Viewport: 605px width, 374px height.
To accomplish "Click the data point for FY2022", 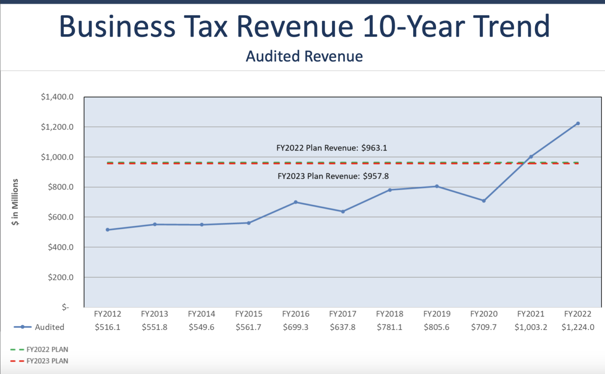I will pos(578,124).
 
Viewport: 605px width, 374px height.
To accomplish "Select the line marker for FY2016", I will pos(296,202).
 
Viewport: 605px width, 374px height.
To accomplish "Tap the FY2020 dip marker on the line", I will pos(484,201).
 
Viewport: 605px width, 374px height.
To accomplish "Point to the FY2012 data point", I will pos(108,230).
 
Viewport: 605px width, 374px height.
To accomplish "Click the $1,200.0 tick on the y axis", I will pos(57,127).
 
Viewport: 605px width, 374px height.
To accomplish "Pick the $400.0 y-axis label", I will pos(60,247).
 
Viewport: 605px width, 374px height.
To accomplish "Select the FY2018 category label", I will pos(390,314).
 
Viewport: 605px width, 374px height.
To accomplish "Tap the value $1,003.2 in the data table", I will pos(531,327).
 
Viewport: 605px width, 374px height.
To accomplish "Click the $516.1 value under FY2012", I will pos(108,327).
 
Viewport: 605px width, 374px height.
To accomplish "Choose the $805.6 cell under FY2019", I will pos(436,327).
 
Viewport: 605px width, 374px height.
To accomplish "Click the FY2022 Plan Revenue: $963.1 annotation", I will pos(332,148).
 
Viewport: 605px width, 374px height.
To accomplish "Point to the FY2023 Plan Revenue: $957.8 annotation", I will pos(333,176).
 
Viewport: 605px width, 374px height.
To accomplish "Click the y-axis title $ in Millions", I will pos(15,202).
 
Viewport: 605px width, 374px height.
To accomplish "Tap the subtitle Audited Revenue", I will pos(304,56).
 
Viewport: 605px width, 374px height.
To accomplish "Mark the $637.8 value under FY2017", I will pos(343,327).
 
